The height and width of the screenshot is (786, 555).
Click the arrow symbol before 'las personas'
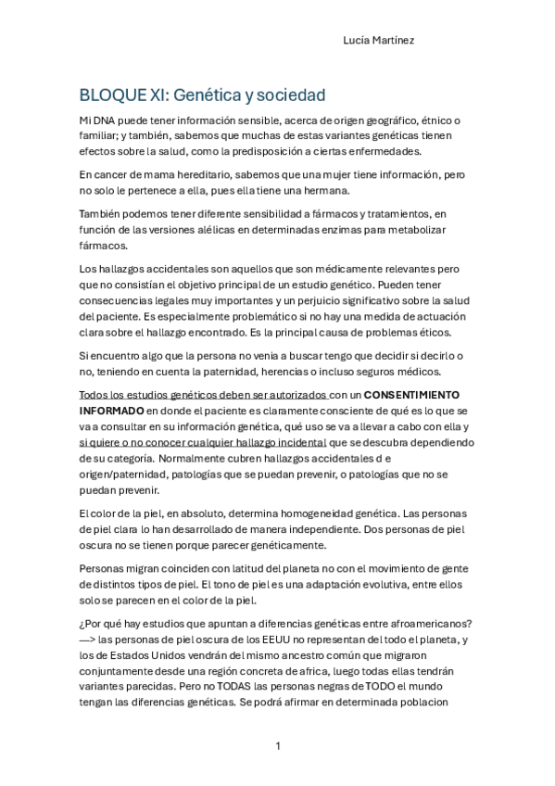pos(90,640)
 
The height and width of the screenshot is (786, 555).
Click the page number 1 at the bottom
pos(277,745)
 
